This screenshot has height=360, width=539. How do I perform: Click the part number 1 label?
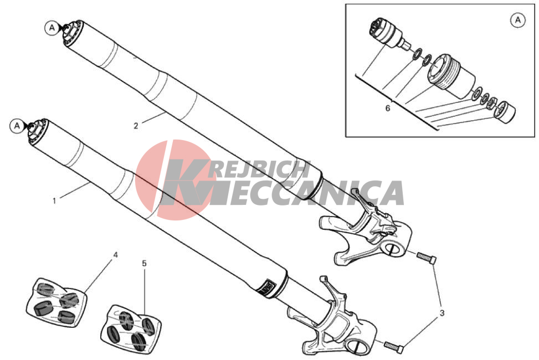[54, 201]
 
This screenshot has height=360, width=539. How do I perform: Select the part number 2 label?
[136, 126]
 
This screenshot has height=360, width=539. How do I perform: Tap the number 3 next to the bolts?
[442, 313]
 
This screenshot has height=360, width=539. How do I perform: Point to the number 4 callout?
[116, 255]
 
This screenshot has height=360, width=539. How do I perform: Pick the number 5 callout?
[144, 264]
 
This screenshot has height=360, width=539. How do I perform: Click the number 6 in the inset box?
[388, 109]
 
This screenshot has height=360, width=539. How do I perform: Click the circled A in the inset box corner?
[518, 20]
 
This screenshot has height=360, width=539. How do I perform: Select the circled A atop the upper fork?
[52, 28]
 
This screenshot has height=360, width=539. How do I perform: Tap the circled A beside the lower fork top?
[17, 126]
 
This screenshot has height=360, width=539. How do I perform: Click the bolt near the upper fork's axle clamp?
[427, 258]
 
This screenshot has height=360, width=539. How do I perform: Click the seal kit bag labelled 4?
[57, 302]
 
